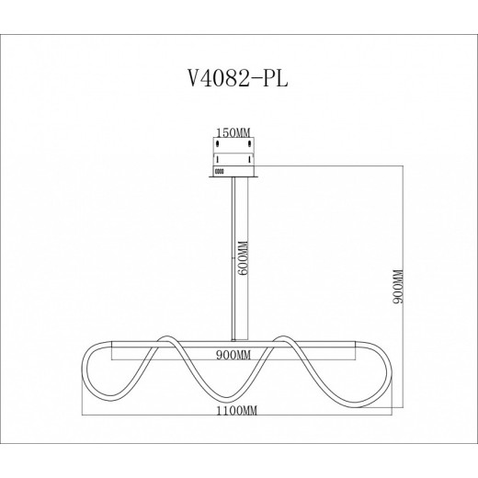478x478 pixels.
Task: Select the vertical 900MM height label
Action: pos(397,287)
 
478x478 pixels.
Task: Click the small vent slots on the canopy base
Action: pos(219,171)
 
